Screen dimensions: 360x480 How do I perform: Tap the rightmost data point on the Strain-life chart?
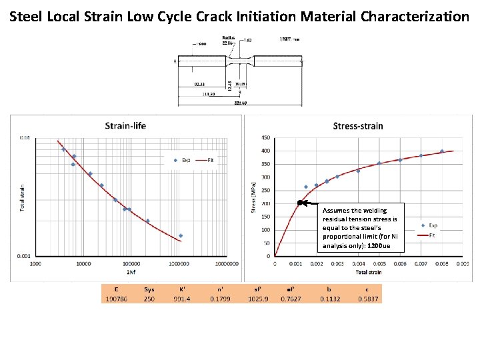[x=181, y=236]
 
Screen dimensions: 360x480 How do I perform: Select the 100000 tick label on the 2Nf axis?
[x=131, y=264]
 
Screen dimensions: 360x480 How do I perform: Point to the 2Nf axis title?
[x=131, y=272]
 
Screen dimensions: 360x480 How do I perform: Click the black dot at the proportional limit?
[x=301, y=203]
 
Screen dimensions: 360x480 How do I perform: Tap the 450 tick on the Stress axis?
[x=266, y=138]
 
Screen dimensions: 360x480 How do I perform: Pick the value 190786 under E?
[x=116, y=299]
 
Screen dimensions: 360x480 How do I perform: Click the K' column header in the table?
[x=181, y=289]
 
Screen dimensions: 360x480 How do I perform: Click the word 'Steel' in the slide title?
[x=27, y=16]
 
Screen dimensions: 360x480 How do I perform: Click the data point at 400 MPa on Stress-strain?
[x=442, y=151]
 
